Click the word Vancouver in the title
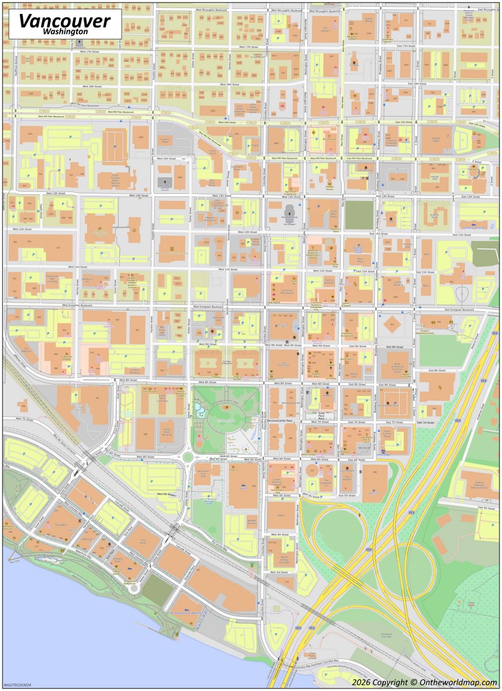[64, 20]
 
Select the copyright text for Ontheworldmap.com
[424, 682]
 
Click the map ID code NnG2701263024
[17, 685]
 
